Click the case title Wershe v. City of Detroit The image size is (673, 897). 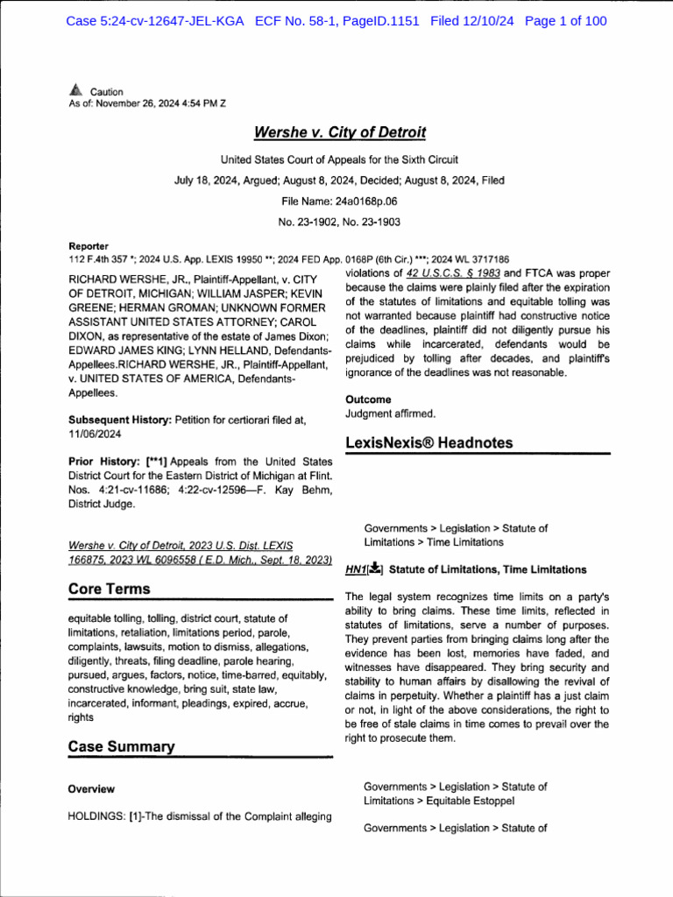coord(339,133)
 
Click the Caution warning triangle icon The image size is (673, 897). coord(75,90)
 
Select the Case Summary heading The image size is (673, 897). coord(121,746)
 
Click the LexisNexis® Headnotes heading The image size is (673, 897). coord(429,442)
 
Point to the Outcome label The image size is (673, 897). coord(368,399)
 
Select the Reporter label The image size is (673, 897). coord(89,246)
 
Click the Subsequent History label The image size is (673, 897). coord(117,420)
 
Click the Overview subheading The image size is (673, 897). coord(91,789)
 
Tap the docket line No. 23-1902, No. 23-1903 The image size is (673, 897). coord(339,222)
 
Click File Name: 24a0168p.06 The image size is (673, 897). coord(339,201)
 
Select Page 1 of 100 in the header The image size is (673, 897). coord(565,22)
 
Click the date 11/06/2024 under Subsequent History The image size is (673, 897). coord(96,434)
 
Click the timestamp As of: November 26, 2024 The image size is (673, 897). coord(146,103)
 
